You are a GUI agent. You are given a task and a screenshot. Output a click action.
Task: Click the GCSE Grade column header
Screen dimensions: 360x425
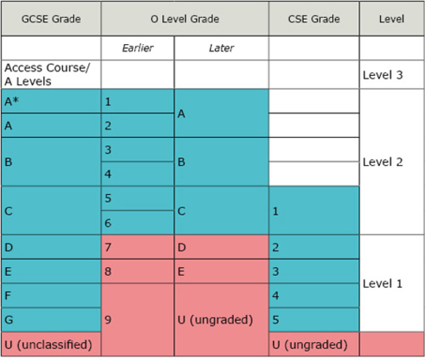click(x=50, y=18)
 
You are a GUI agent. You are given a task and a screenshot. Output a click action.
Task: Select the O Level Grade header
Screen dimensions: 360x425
click(x=184, y=18)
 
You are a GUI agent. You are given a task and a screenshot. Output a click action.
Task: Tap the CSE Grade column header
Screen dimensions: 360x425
click(x=313, y=18)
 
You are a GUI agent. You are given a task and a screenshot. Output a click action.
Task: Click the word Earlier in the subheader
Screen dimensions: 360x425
click(x=137, y=48)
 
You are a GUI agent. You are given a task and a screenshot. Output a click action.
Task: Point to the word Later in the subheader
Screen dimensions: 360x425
click(x=221, y=48)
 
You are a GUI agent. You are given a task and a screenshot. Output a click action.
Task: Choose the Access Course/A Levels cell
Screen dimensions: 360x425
click(x=50, y=74)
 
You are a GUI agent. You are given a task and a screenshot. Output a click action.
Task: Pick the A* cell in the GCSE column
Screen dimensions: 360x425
click(x=50, y=101)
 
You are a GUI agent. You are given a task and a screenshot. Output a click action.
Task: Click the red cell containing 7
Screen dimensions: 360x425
click(x=137, y=247)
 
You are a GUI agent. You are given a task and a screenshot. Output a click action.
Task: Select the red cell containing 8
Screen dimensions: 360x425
click(x=137, y=271)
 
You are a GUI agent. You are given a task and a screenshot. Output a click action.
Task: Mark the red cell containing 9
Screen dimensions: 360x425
click(x=137, y=319)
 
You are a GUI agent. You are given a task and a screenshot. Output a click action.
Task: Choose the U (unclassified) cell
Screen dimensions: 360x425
click(x=50, y=344)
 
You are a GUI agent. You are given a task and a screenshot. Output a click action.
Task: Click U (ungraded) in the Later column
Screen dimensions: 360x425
click(x=221, y=319)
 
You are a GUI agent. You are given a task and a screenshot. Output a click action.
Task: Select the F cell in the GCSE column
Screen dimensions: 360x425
click(x=50, y=295)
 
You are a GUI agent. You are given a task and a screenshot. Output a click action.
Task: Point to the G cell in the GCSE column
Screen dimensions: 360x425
click(x=50, y=319)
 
